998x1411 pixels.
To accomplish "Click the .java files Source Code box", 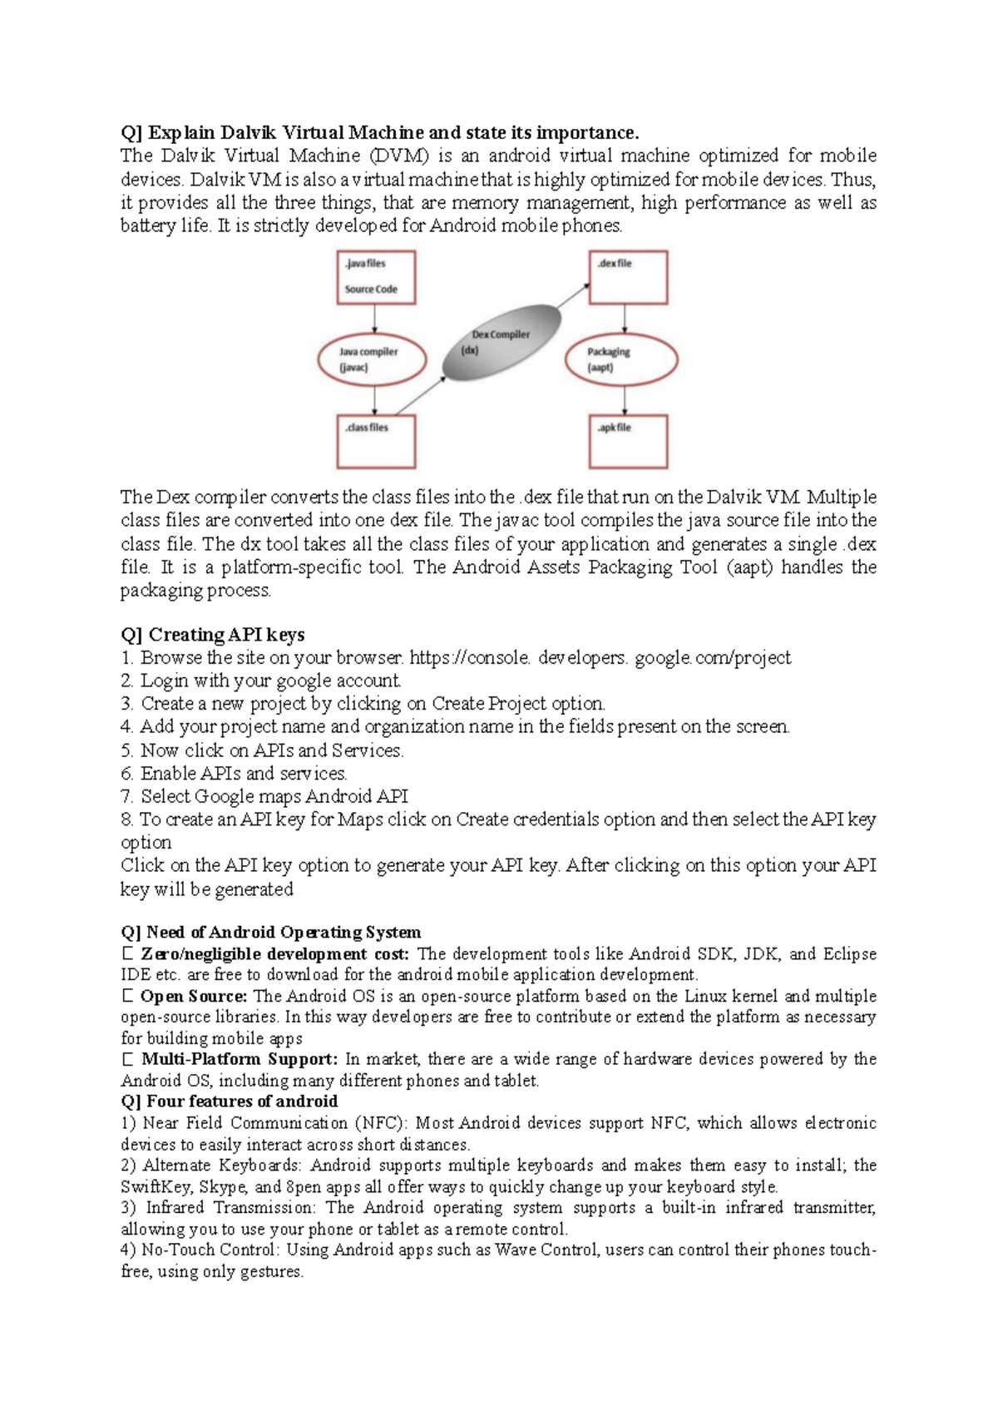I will click(375, 278).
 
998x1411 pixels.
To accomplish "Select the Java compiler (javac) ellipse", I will click(372, 359).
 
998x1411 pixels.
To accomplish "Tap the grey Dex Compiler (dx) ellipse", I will click(500, 342).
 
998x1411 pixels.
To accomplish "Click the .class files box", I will click(375, 441).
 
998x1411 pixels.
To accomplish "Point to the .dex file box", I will click(628, 278).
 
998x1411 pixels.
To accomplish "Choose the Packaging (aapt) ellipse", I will click(621, 359).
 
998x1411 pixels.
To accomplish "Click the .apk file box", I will click(628, 441).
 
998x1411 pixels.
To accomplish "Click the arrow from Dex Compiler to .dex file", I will click(574, 296).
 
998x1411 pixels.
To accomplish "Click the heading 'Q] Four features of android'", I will click(229, 1102).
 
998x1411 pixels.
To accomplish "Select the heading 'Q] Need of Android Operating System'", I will click(270, 932).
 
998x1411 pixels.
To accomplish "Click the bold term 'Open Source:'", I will click(194, 996).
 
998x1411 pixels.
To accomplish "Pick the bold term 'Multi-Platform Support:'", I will click(240, 1059).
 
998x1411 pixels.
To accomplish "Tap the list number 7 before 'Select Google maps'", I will click(126, 797).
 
